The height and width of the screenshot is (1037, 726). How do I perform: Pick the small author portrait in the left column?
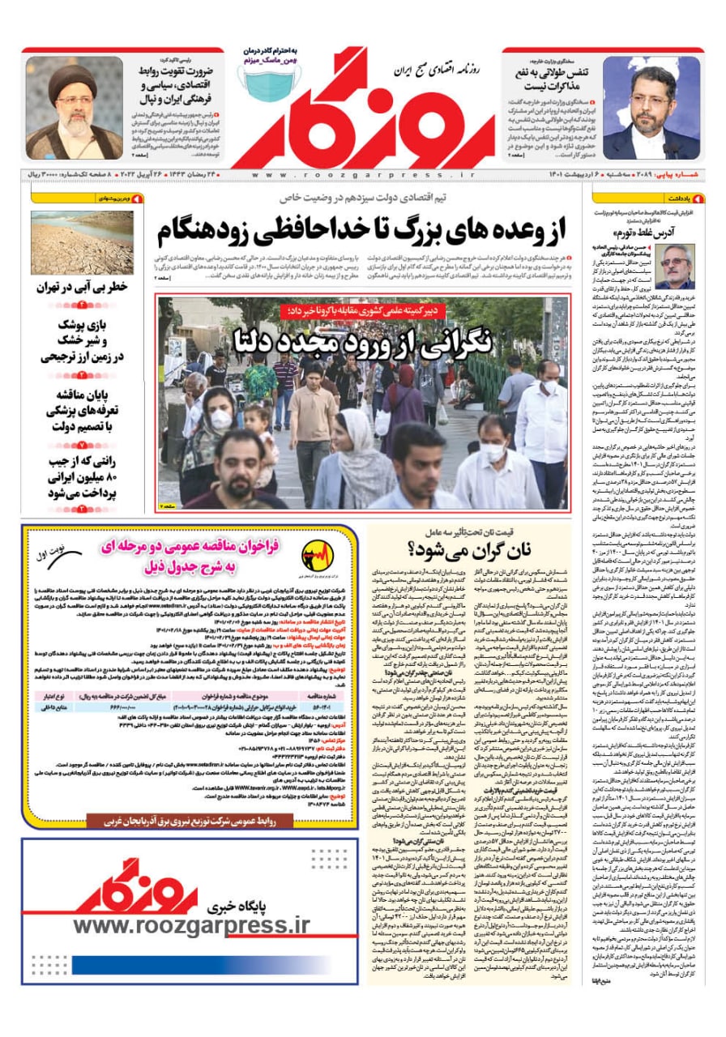tap(674, 267)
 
